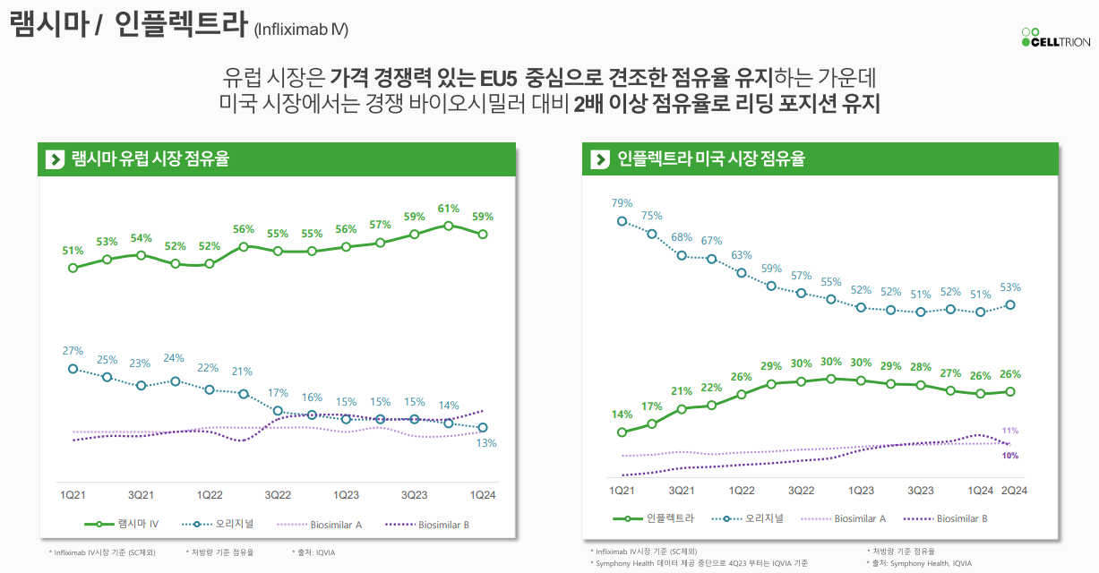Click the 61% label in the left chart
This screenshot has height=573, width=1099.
(449, 209)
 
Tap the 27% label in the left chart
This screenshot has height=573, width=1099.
(73, 351)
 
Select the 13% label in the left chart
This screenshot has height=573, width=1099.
(486, 443)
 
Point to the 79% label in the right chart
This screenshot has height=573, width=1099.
(622, 203)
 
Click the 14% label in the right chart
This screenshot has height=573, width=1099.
(622, 415)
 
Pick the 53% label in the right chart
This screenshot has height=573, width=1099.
(1010, 287)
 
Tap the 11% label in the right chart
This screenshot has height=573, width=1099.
(1010, 431)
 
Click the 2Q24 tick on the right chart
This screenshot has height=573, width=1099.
(1013, 491)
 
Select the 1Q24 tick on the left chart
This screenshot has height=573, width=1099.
(483, 495)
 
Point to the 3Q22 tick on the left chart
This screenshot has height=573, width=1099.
(278, 495)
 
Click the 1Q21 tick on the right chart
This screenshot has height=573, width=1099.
(622, 491)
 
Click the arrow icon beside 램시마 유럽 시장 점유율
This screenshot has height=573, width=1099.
(56, 159)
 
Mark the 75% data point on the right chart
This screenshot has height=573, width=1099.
(652, 235)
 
